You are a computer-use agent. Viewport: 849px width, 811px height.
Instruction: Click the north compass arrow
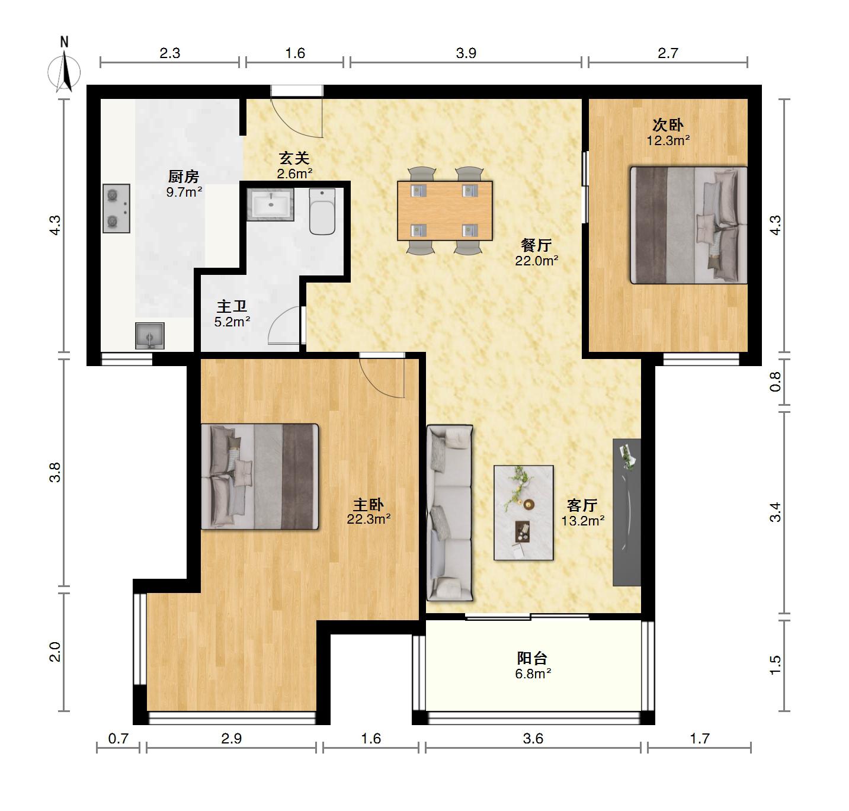click(x=65, y=72)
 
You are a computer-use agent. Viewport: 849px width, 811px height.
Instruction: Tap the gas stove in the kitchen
click(x=116, y=208)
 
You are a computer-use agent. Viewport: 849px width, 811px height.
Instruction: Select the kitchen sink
click(x=150, y=335)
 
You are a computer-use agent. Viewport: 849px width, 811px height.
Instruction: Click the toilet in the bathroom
click(x=322, y=211)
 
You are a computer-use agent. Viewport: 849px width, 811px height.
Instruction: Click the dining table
click(x=445, y=211)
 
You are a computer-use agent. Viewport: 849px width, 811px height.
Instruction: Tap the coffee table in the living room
click(x=524, y=512)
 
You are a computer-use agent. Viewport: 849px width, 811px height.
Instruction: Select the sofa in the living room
click(x=449, y=512)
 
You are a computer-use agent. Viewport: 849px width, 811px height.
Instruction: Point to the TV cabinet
click(x=626, y=512)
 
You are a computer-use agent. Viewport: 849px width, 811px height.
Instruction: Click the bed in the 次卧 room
click(x=688, y=225)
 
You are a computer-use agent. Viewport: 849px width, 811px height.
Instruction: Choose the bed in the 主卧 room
click(x=259, y=476)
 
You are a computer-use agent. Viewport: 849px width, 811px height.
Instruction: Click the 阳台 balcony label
click(x=532, y=658)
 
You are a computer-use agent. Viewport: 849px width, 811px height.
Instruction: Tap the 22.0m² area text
click(x=537, y=261)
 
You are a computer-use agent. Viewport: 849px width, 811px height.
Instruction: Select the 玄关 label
click(x=294, y=158)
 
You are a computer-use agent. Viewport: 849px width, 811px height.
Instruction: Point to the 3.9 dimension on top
click(x=466, y=53)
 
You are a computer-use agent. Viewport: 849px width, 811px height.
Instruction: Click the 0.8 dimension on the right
click(x=775, y=382)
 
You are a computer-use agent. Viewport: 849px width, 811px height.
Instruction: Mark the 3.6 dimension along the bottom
click(x=533, y=739)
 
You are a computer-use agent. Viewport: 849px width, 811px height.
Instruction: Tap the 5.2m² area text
click(x=232, y=322)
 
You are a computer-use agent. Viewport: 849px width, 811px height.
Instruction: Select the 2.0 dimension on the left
click(x=55, y=652)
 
